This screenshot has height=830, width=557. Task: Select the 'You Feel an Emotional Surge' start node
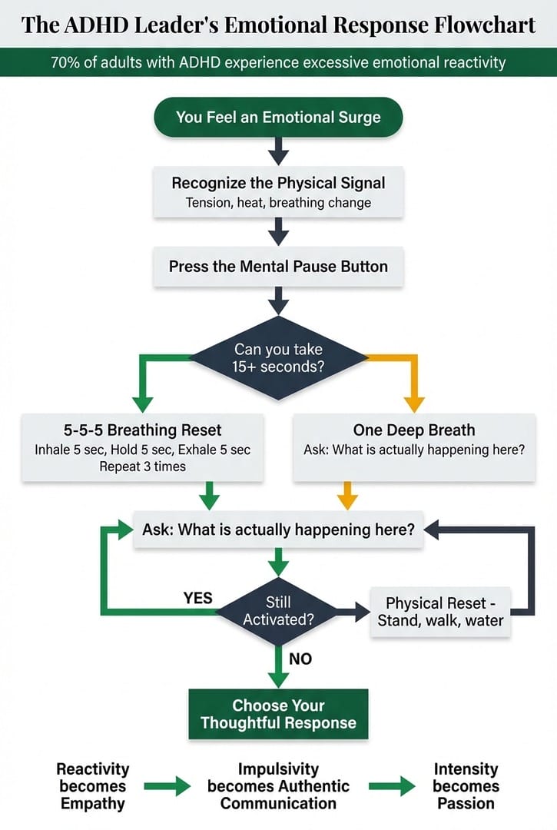(x=278, y=118)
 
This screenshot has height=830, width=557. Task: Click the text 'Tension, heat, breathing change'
(x=278, y=203)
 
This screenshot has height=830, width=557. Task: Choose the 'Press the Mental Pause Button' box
(x=278, y=267)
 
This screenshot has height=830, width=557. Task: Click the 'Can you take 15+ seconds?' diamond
(x=278, y=358)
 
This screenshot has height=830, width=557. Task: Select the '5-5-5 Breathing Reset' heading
(x=143, y=430)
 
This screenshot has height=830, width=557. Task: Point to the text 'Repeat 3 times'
(x=143, y=466)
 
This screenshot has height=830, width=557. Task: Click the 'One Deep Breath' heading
(x=414, y=430)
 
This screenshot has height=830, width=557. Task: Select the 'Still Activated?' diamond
(x=278, y=611)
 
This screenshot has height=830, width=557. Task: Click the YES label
(x=198, y=597)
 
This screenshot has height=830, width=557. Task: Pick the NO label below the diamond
(x=300, y=658)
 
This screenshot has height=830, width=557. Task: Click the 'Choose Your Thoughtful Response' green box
(x=278, y=714)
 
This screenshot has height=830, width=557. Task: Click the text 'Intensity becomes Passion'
(x=466, y=786)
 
